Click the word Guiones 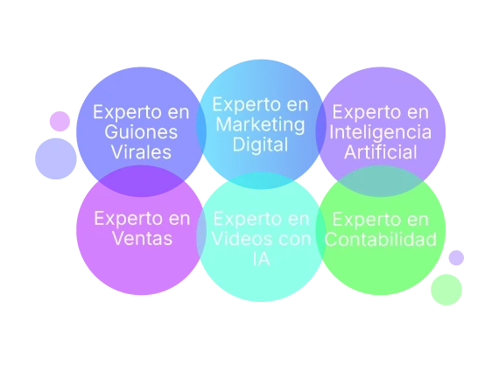click(x=141, y=132)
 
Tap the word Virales click(x=141, y=151)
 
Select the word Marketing click(x=260, y=125)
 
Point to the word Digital click(x=260, y=144)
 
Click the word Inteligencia click(x=380, y=132)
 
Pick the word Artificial click(x=380, y=151)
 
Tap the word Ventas click(x=142, y=238)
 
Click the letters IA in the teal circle click(x=261, y=259)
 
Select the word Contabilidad click(x=380, y=239)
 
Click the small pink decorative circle click(x=60, y=122)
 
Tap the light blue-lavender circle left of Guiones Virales click(x=56, y=158)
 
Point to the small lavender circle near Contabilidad click(x=456, y=257)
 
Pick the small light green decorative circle click(x=446, y=290)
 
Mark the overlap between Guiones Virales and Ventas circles click(x=141, y=181)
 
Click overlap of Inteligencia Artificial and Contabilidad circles click(x=380, y=181)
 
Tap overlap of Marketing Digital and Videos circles click(x=261, y=181)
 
